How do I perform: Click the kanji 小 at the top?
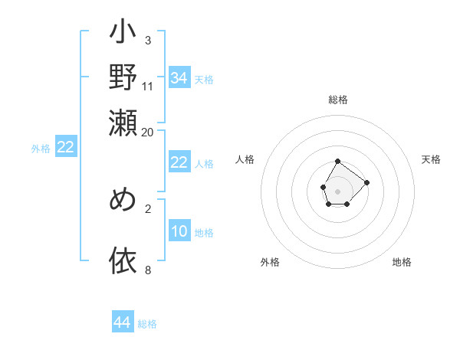click(123, 35)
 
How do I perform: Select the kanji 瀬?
click(123, 122)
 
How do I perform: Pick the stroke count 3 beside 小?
click(148, 39)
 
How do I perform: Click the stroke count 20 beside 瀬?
click(148, 131)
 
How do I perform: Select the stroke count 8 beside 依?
click(148, 270)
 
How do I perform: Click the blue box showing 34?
click(179, 78)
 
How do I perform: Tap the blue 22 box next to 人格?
click(179, 162)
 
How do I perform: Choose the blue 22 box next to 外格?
click(65, 148)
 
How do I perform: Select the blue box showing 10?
click(179, 231)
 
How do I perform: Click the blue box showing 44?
click(122, 322)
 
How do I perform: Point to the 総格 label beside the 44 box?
click(147, 324)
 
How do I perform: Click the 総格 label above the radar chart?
click(338, 100)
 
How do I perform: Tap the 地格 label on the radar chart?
click(402, 262)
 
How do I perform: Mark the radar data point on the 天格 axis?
click(366, 182)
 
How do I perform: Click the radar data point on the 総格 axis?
click(338, 161)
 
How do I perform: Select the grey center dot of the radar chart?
click(338, 190)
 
